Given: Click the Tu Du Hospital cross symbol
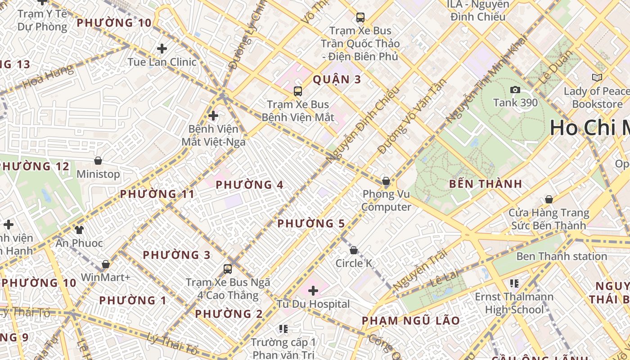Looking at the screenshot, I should click(x=313, y=291).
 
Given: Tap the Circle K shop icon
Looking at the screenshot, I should click(x=354, y=250).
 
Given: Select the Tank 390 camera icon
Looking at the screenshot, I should click(x=515, y=90).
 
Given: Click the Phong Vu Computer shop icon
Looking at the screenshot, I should click(x=386, y=181).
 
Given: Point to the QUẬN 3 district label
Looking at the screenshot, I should click(x=337, y=80).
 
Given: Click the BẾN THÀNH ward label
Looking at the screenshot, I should click(x=486, y=184).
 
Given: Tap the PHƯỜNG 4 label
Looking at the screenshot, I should click(x=249, y=185).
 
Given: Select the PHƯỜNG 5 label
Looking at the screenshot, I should click(x=311, y=224).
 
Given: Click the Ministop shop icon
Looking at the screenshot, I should click(x=98, y=161).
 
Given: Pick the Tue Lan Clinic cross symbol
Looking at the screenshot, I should click(x=162, y=49).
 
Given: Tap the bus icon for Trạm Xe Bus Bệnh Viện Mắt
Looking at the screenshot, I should click(x=298, y=91).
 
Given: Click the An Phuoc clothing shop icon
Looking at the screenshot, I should click(x=79, y=230).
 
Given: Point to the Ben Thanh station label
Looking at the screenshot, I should click(x=561, y=256).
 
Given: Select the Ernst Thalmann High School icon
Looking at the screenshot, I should click(x=514, y=283).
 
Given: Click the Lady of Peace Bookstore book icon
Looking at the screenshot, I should click(x=597, y=78).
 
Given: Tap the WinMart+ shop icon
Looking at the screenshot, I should click(x=106, y=264).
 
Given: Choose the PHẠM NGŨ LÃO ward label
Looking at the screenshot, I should click(x=411, y=321).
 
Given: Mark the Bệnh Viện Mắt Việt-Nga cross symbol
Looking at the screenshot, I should click(x=213, y=116).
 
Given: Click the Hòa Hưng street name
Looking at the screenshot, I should click(x=48, y=77).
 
